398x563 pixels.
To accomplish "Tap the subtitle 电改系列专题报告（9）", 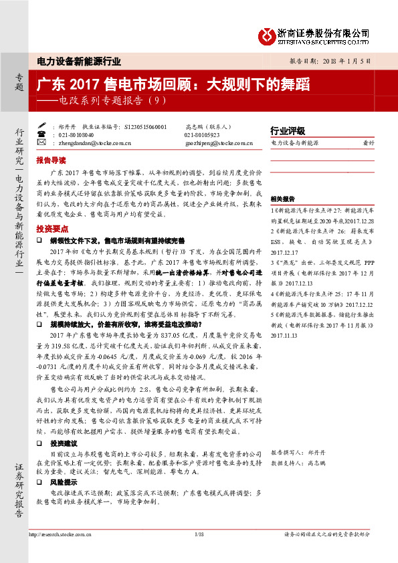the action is (x=106, y=102).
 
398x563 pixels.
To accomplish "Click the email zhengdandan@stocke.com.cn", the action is (x=94, y=142).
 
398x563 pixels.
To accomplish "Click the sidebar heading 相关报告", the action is (x=282, y=199).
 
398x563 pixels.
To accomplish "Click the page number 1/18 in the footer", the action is (x=199, y=534).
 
